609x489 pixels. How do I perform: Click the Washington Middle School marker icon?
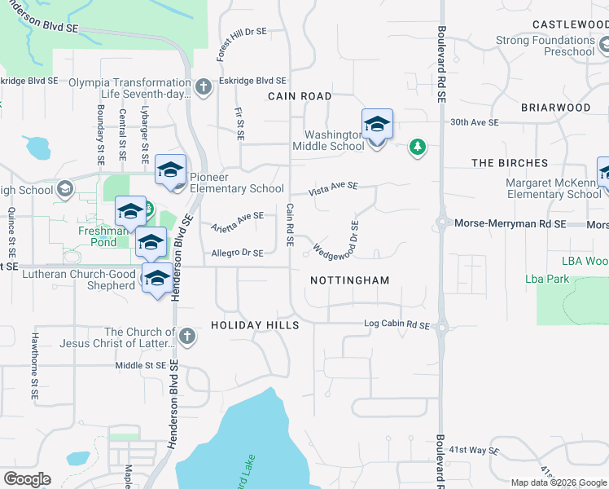pyautogui.click(x=377, y=126)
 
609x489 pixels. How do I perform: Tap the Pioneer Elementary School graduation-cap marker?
pyautogui.click(x=170, y=170)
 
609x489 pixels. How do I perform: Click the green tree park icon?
pyautogui.click(x=417, y=147)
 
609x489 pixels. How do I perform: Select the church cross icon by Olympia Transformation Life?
pyautogui.click(x=204, y=86)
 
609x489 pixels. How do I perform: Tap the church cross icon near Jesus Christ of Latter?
pyautogui.click(x=187, y=336)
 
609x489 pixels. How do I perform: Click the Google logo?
pyautogui.click(x=27, y=479)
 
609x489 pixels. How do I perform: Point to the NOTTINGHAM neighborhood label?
pyautogui.click(x=349, y=280)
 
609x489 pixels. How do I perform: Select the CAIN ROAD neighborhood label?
pyautogui.click(x=300, y=96)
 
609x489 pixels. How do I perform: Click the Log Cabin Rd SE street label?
pyautogui.click(x=396, y=325)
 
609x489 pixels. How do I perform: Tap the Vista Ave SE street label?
pyautogui.click(x=333, y=189)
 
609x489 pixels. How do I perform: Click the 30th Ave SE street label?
pyautogui.click(x=475, y=122)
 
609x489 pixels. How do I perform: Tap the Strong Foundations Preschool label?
pyautogui.click(x=546, y=46)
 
